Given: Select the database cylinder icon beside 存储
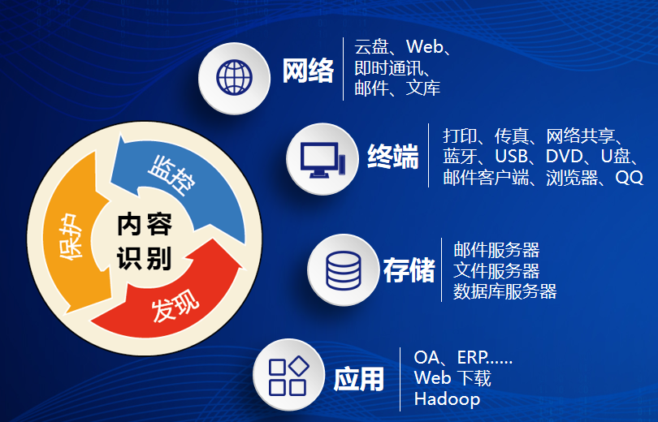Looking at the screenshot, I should (x=342, y=270).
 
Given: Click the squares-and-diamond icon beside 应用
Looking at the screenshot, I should (x=288, y=376).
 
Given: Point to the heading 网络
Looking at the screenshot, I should (x=308, y=71).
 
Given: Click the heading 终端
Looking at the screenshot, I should (x=393, y=156).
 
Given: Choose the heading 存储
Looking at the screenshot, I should (x=409, y=270).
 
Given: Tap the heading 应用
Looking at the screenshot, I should (x=358, y=378).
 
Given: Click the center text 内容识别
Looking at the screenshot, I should (x=144, y=241).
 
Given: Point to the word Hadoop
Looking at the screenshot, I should (x=447, y=399).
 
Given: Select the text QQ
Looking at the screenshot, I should (x=629, y=178).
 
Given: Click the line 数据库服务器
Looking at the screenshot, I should (x=504, y=291).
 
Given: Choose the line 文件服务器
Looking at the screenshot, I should (x=496, y=270).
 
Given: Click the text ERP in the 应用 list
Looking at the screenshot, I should (x=474, y=357).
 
